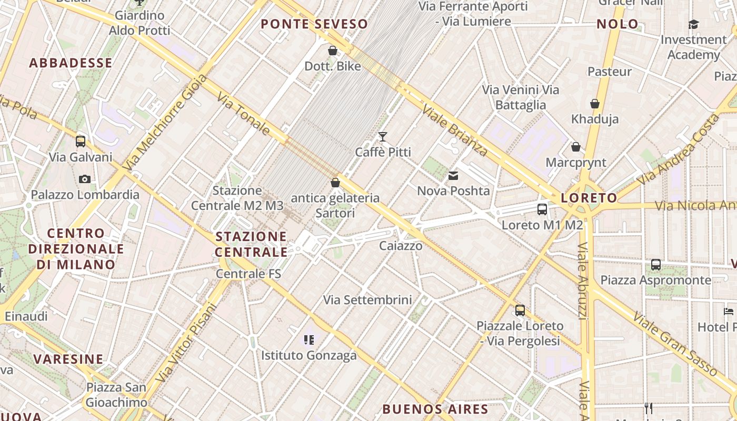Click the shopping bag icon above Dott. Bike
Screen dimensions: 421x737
(333, 51)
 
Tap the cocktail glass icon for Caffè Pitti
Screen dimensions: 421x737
(383, 137)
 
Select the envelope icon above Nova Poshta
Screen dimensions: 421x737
(453, 176)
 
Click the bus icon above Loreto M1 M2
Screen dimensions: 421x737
(542, 209)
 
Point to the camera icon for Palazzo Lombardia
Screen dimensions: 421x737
(84, 179)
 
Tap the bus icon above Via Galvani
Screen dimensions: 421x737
(81, 141)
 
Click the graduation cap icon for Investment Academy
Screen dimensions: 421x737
(693, 24)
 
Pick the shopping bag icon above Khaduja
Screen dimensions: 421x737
(595, 104)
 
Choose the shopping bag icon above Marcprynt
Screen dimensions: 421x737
(576, 147)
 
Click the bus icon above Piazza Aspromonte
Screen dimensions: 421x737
(656, 264)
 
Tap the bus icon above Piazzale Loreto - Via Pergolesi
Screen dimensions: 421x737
(520, 310)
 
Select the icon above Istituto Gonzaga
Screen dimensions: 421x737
(309, 340)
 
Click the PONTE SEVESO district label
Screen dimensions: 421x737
(314, 24)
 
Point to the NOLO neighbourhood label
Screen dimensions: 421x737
(618, 24)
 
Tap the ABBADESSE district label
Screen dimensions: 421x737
(71, 63)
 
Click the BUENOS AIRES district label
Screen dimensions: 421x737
(435, 409)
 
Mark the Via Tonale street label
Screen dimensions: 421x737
(243, 115)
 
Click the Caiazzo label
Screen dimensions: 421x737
(401, 246)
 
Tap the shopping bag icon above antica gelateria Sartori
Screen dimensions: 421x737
(335, 183)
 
